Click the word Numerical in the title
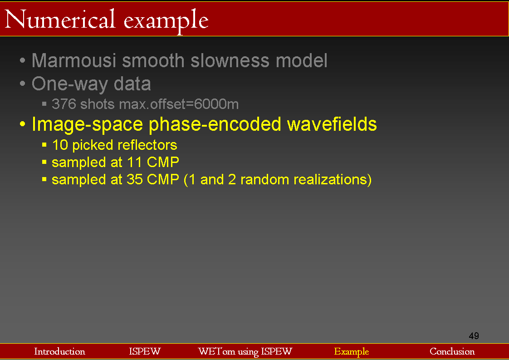(60, 19)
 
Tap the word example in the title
(166, 21)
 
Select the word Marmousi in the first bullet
(74, 60)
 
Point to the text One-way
(70, 84)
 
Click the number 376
(64, 104)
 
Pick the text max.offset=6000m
(179, 104)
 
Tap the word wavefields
(332, 124)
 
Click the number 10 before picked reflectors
(60, 145)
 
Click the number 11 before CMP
(134, 162)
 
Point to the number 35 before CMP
(135, 179)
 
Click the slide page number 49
(474, 335)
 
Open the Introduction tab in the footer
(60, 351)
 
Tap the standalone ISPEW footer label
(145, 351)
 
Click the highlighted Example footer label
(352, 352)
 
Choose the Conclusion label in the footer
(452, 351)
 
